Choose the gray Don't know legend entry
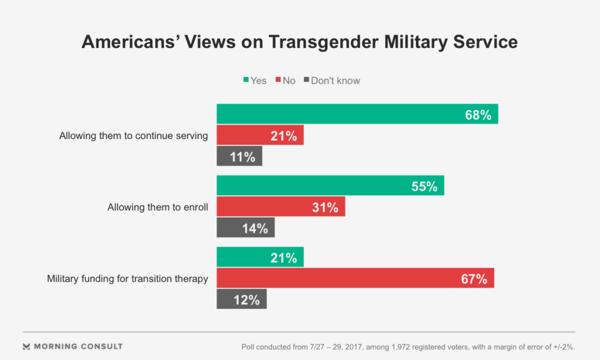pyautogui.click(x=332, y=80)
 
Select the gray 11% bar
pyautogui.click(x=239, y=157)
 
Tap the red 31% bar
pyautogui.click(x=281, y=207)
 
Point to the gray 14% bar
pyautogui.click(x=246, y=228)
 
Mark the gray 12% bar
pyautogui.click(x=241, y=299)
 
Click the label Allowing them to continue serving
pyautogui.click(x=134, y=135)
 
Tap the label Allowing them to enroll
pyautogui.click(x=158, y=207)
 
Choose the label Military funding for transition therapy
pyautogui.click(x=127, y=279)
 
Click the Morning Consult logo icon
pyautogui.click(x=26, y=347)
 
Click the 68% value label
pyautogui.click(x=478, y=114)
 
